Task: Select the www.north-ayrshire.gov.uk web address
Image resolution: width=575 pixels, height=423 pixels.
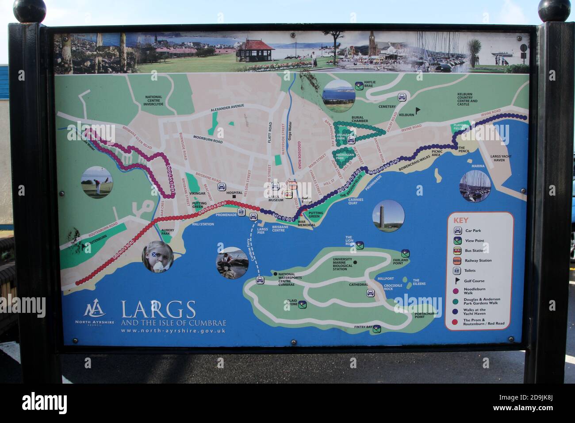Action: point(173,331)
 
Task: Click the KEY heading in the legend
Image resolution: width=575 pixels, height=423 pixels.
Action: point(460,220)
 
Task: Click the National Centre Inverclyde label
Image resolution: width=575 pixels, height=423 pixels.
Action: point(153,100)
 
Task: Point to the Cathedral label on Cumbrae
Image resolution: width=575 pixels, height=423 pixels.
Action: point(359,285)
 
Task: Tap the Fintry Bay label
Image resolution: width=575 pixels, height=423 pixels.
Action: point(362,327)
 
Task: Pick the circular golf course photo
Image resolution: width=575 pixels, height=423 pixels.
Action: point(97,182)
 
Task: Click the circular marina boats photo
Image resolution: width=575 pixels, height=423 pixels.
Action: point(475,186)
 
